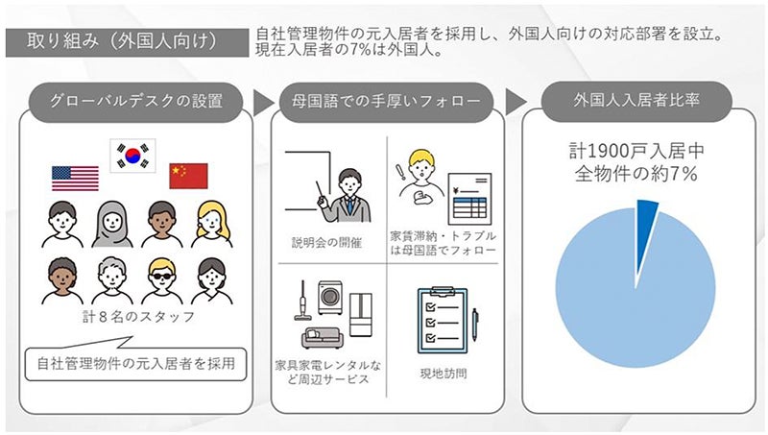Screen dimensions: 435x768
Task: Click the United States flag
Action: (x=76, y=178)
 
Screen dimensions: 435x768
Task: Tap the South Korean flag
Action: (x=132, y=154)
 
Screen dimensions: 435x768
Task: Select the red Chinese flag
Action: (x=188, y=176)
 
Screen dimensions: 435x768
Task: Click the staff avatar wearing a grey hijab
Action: (x=112, y=224)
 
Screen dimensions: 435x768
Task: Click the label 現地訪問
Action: (x=442, y=373)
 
